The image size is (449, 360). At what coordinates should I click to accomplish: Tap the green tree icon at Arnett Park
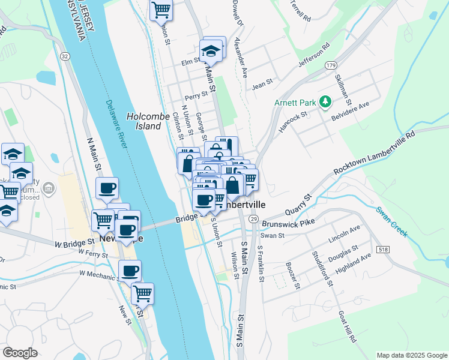[x=325, y=102]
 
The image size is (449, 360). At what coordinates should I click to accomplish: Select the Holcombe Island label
[x=144, y=121]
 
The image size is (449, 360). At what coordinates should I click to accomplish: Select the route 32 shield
[x=64, y=56]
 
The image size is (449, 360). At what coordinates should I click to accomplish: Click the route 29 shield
[x=255, y=220]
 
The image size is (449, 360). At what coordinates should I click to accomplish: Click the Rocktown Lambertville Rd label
[x=375, y=155]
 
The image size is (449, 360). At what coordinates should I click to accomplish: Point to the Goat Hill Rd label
[x=347, y=327]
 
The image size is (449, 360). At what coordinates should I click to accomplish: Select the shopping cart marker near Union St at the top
[x=161, y=10]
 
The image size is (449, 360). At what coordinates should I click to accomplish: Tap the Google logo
[x=20, y=353]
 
